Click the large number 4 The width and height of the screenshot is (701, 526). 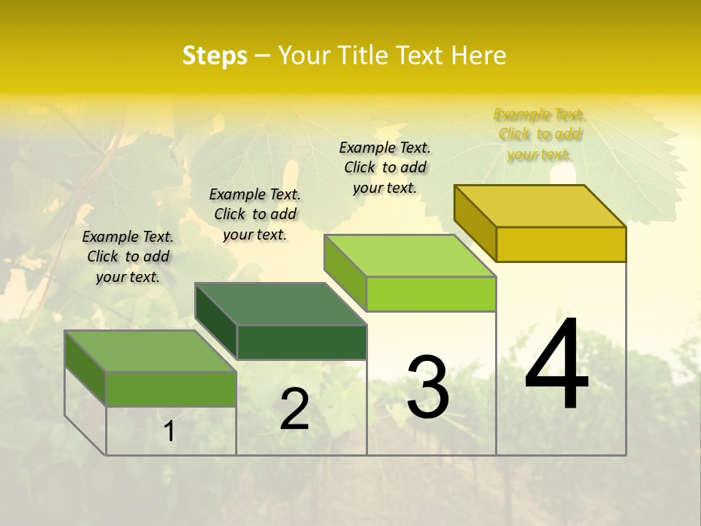557,365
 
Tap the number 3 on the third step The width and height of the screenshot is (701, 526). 428,387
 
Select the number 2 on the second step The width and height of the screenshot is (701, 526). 294,409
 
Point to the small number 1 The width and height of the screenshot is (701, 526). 169,432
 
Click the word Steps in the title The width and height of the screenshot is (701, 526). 215,56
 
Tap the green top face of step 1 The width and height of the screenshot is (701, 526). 150,351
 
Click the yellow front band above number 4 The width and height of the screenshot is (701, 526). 561,244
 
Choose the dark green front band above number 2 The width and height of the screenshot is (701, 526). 302,342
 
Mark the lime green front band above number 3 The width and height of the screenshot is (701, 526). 431,294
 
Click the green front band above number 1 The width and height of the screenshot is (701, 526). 171,389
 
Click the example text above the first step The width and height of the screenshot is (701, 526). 128,256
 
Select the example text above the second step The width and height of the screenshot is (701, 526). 255,214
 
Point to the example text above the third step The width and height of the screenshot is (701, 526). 385,167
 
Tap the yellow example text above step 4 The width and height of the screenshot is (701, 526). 540,134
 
